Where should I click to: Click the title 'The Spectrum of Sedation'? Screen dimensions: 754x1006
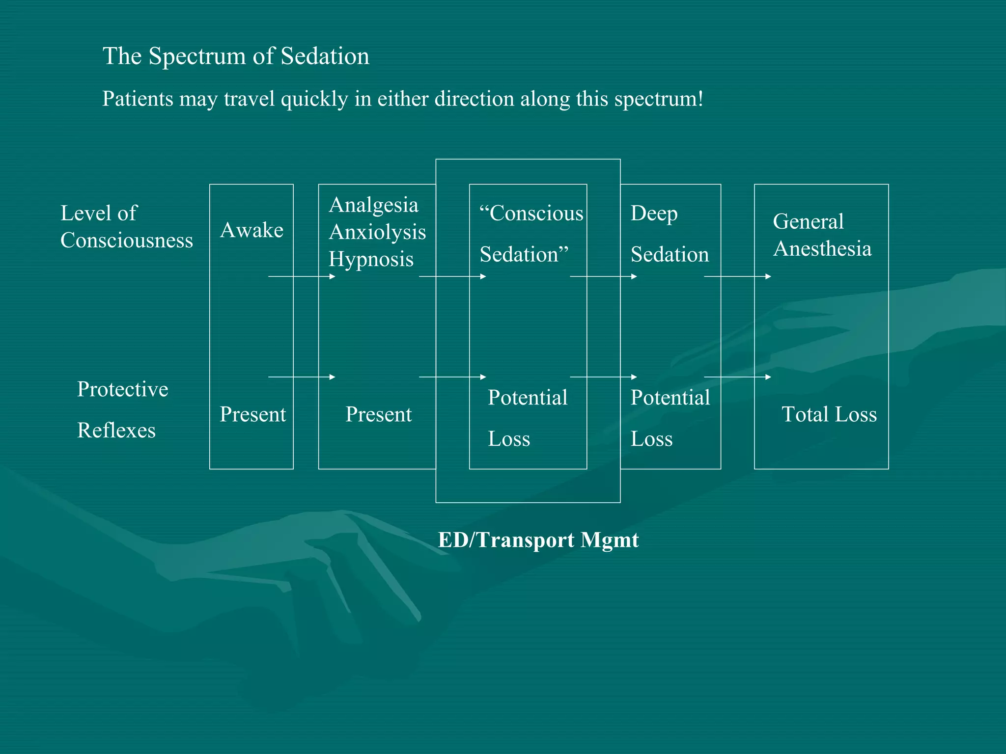[236, 56]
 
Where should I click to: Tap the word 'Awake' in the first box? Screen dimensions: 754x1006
[251, 230]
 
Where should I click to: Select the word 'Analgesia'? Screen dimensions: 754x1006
[373, 205]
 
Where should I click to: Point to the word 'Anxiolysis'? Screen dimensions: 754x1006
[377, 232]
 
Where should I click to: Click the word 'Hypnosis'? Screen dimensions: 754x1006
[371, 259]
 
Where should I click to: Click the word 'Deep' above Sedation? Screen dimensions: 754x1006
[654, 214]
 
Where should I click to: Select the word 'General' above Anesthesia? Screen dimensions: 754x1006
[808, 221]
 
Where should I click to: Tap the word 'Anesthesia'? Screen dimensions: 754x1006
[822, 249]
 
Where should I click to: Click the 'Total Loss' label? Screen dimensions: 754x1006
[829, 414]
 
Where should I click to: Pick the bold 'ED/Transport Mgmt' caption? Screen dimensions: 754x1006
[538, 540]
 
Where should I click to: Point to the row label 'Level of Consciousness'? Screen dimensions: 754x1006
[126, 227]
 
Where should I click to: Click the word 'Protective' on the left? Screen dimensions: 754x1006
[123, 389]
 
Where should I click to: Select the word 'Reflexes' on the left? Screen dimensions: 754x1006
[116, 431]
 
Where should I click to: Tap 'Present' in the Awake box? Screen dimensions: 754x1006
[252, 414]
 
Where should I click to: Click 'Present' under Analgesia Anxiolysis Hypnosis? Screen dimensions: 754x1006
[378, 414]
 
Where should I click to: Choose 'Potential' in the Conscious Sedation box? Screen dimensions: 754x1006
[528, 398]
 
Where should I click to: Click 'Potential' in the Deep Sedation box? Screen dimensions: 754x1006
[670, 398]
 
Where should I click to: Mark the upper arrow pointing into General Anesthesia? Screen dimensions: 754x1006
[737, 277]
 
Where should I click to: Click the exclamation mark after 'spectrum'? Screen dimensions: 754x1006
[700, 99]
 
